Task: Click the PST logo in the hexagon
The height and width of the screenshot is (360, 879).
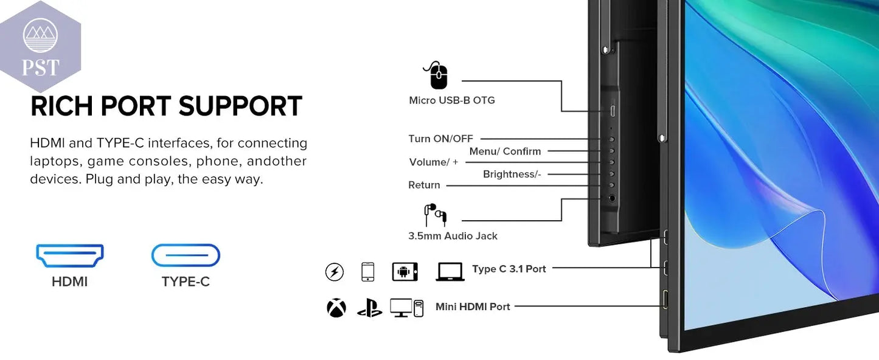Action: click(x=41, y=47)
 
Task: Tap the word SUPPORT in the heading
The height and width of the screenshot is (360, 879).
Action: click(x=241, y=106)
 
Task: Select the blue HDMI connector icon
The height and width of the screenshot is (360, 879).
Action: click(x=70, y=255)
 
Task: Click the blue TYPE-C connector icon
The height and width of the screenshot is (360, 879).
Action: click(x=186, y=255)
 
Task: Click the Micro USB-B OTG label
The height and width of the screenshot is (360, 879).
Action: click(x=452, y=100)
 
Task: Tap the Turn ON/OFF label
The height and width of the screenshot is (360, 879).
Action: click(x=440, y=139)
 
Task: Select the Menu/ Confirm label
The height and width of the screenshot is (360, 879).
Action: click(x=505, y=151)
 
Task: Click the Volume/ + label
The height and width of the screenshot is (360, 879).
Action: click(x=434, y=162)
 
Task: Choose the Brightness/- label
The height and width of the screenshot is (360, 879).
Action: click(x=512, y=174)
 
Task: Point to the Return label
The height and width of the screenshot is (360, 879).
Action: click(x=424, y=185)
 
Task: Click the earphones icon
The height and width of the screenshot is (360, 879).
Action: click(x=436, y=214)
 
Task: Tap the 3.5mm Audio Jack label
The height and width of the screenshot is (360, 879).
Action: click(x=453, y=236)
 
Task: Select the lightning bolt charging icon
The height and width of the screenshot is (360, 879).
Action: click(x=334, y=272)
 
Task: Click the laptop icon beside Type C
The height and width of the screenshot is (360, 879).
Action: click(x=450, y=271)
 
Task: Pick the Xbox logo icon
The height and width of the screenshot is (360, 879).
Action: click(x=336, y=308)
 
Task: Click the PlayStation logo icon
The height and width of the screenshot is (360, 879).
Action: click(x=369, y=308)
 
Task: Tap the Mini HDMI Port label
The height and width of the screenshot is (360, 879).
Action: click(x=473, y=306)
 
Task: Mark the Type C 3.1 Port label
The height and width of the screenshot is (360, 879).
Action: click(x=509, y=269)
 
